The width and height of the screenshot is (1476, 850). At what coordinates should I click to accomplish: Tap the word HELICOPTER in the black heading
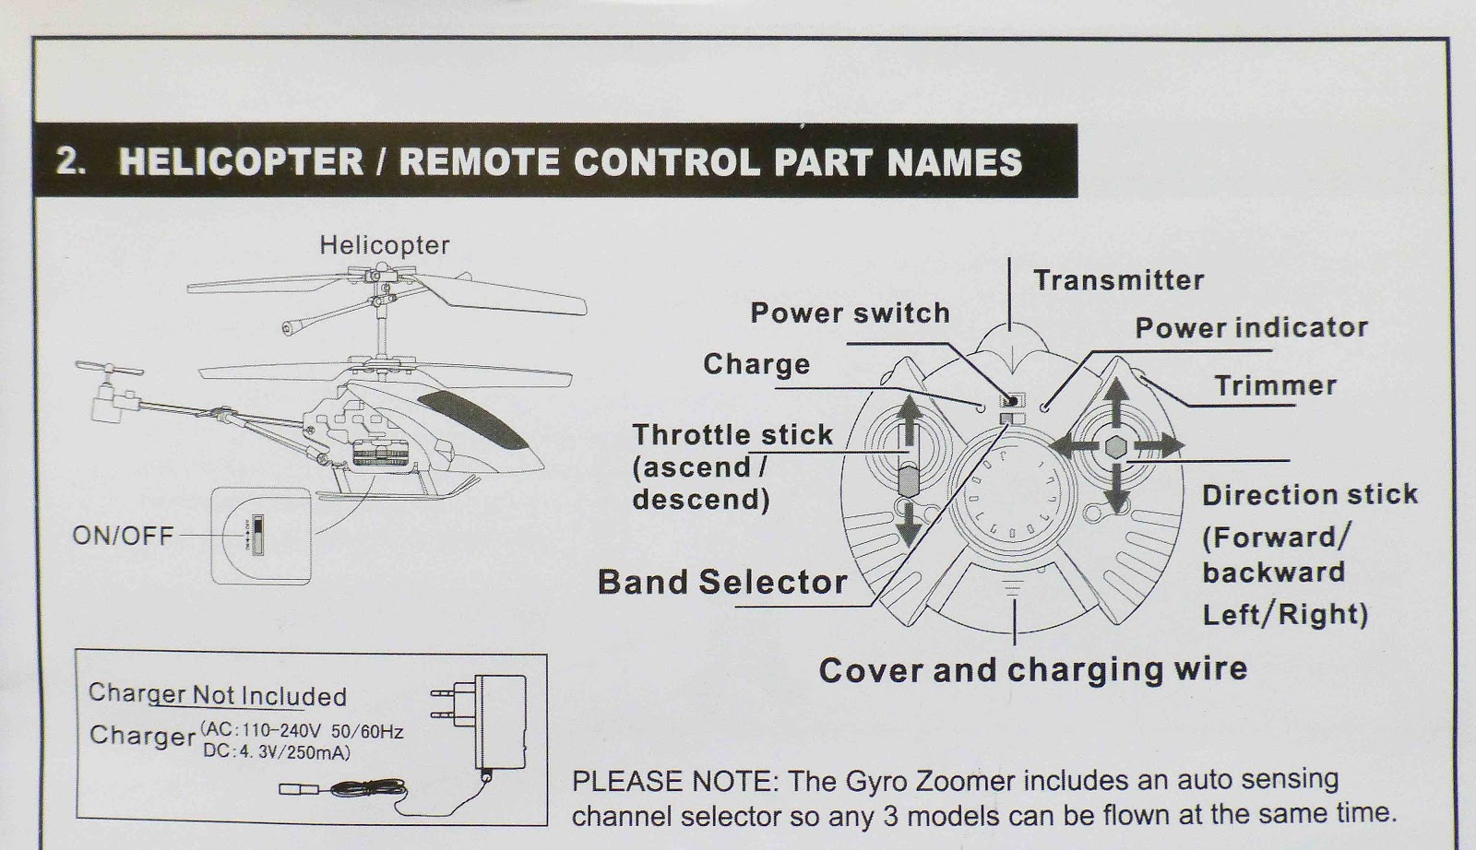pyautogui.click(x=241, y=162)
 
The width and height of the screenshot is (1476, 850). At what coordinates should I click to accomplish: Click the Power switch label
pyautogui.click(x=850, y=313)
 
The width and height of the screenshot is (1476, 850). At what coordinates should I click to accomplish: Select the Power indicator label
pyautogui.click(x=1251, y=328)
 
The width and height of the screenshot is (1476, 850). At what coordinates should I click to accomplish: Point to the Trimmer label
pyautogui.click(x=1275, y=385)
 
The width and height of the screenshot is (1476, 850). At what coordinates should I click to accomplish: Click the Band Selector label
pyautogui.click(x=722, y=583)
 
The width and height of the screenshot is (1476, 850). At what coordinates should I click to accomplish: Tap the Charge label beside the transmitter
pyautogui.click(x=756, y=364)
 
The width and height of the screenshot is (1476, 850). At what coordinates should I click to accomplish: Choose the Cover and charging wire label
pyautogui.click(x=1032, y=669)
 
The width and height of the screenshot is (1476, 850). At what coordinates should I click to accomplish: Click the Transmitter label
pyautogui.click(x=1118, y=280)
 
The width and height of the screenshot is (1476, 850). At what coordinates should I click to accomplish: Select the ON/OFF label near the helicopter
pyautogui.click(x=123, y=536)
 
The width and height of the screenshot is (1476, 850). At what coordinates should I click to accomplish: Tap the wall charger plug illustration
pyautogui.click(x=498, y=721)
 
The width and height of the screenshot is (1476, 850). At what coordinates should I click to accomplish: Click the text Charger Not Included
pyautogui.click(x=217, y=695)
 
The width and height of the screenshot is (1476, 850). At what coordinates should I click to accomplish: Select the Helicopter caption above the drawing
pyautogui.click(x=384, y=245)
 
